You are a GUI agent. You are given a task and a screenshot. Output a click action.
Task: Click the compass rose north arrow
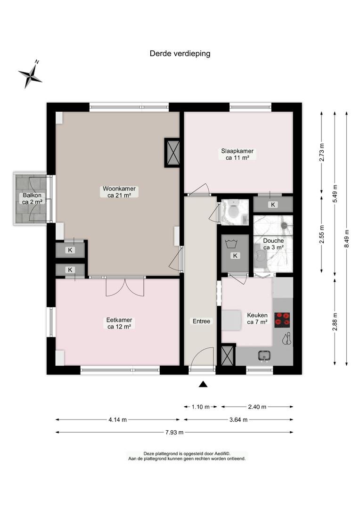[x=30, y=74]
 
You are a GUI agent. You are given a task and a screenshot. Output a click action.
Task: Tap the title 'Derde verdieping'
[x=180, y=54]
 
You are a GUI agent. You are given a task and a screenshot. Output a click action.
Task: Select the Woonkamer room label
[x=119, y=192]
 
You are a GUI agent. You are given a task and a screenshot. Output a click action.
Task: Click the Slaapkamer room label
[x=237, y=154]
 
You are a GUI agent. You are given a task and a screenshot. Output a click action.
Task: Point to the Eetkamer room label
[x=119, y=323]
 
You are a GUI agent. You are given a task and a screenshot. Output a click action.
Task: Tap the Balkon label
[x=32, y=199]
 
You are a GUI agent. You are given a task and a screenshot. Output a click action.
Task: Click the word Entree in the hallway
[x=201, y=321]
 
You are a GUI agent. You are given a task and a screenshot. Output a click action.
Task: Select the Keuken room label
[x=257, y=319]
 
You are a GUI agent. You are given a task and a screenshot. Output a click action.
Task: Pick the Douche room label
[x=273, y=244]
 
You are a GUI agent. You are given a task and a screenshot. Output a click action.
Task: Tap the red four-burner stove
[x=282, y=319]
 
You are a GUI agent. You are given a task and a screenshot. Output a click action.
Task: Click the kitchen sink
[x=265, y=356]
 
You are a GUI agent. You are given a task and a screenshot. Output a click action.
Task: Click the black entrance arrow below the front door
[x=203, y=385]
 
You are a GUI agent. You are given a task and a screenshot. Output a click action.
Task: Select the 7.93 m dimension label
[x=174, y=432]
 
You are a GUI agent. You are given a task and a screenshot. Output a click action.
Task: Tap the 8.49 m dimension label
[x=347, y=238]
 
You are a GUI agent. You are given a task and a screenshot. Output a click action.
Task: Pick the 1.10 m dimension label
[x=201, y=407]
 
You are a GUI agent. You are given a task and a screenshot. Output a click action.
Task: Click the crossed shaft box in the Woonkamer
[x=172, y=153]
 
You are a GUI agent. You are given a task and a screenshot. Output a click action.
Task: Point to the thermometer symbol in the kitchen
[x=286, y=338]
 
